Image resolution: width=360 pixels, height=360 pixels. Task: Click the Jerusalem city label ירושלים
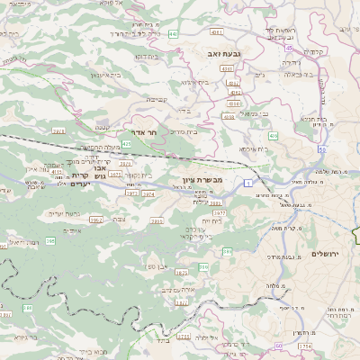tap(328, 254)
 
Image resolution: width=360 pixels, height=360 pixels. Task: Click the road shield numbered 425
tap(127, 143)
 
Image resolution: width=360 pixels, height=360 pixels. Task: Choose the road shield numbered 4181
tap(216, 32)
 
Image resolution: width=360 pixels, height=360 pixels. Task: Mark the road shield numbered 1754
tap(305, 346)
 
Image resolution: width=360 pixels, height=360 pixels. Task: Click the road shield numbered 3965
tap(157, 220)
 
